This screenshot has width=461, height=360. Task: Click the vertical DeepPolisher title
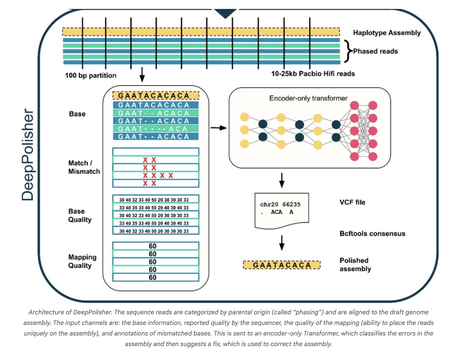[x=28, y=155]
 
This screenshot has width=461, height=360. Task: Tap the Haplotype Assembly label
[x=387, y=33]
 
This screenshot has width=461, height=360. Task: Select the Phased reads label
[x=375, y=51]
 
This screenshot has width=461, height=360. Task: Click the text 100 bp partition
[x=91, y=75]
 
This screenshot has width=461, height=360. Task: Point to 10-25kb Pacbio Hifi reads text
[x=313, y=74]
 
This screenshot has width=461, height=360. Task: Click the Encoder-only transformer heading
[x=308, y=98]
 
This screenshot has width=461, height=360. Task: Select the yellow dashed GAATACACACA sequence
[x=156, y=96]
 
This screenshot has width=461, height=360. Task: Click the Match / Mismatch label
[x=84, y=167]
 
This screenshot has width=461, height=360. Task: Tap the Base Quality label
[x=80, y=215]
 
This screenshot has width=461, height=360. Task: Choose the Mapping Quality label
[x=82, y=261]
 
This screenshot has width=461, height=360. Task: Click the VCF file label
[x=352, y=202]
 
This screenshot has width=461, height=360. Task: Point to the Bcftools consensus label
[x=372, y=234]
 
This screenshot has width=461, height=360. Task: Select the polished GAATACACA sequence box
[x=282, y=265]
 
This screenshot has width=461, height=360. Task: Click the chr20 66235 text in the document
[x=280, y=204]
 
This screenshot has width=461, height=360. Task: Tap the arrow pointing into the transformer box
[x=219, y=128]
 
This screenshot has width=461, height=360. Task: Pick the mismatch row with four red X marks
[x=156, y=176]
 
